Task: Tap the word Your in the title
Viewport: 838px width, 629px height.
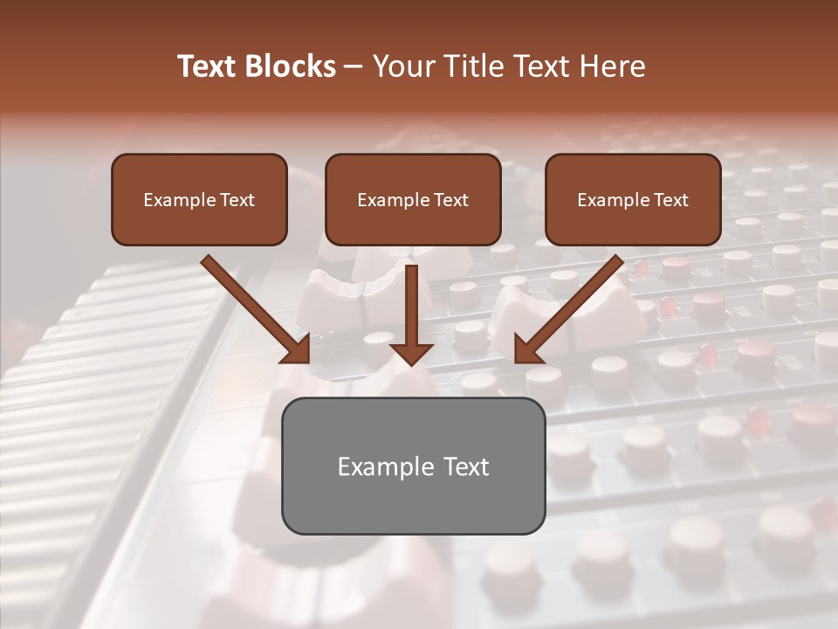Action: click(x=406, y=66)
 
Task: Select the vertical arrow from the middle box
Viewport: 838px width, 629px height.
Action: click(x=412, y=301)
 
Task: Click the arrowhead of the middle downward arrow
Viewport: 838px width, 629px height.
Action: click(x=412, y=352)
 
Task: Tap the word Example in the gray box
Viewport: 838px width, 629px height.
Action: click(x=376, y=467)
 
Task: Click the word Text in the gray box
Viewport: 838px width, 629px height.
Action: click(x=465, y=467)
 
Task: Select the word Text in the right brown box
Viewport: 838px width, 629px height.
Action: click(x=671, y=200)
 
